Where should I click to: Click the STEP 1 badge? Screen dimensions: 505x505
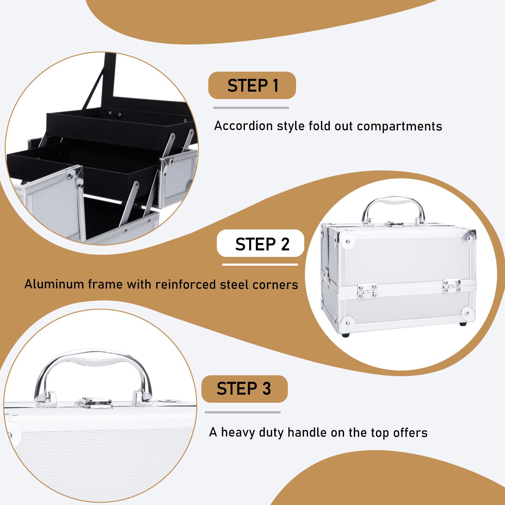tap(252, 85)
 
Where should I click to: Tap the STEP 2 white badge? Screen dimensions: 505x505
tap(261, 243)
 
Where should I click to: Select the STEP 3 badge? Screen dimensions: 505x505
tap(244, 389)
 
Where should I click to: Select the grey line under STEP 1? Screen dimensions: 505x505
tap(251, 108)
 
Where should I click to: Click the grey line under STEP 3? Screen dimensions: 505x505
tap(242, 412)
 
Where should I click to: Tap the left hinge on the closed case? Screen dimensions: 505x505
tap(367, 290)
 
